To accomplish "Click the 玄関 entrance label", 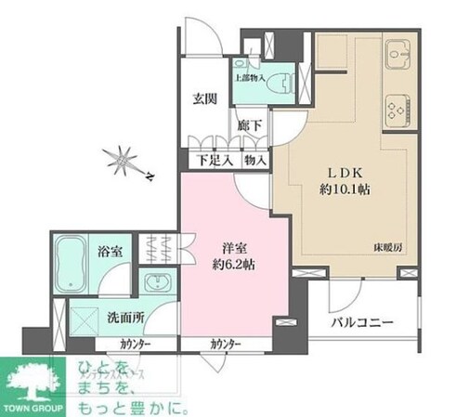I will pyautogui.click(x=205, y=99).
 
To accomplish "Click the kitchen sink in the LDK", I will pyautogui.click(x=400, y=55).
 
